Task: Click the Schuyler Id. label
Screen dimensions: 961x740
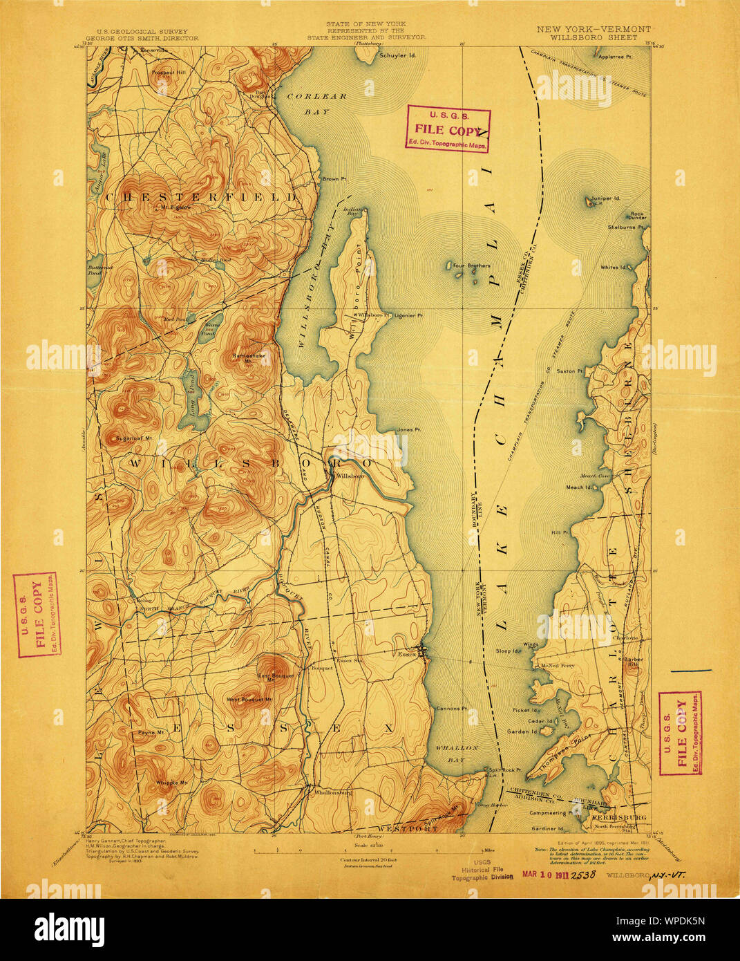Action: click(x=397, y=56)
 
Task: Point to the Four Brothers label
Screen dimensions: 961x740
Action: click(x=472, y=265)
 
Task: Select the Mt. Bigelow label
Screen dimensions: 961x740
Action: click(x=175, y=207)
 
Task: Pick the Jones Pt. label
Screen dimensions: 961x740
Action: click(x=409, y=430)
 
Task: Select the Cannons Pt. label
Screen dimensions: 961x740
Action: click(x=452, y=709)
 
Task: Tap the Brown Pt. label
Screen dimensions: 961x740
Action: click(x=330, y=179)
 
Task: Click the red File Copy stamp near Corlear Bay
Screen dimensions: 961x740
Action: click(x=447, y=129)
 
